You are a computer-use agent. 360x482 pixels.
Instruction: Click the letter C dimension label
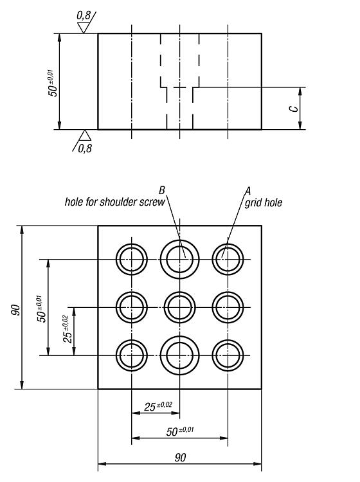point(294,109)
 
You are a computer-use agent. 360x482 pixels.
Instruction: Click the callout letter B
point(162,191)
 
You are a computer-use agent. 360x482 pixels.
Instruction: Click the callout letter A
point(248,191)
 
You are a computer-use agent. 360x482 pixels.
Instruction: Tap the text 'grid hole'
point(264,202)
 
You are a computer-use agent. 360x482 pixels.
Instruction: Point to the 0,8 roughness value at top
point(84,15)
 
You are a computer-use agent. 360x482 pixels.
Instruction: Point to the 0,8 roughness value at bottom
point(85,149)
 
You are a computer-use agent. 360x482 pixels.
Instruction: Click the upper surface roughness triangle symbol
point(83,28)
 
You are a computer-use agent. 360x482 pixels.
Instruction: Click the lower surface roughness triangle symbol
point(84,135)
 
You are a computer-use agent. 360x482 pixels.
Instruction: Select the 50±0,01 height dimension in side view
point(53,83)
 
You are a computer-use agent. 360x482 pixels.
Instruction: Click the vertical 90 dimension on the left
point(15,310)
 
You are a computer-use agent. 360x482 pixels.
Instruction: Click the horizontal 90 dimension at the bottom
point(180,458)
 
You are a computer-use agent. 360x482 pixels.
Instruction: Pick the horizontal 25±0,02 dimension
point(158,406)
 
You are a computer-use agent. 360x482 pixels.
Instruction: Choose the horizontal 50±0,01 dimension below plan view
point(180,431)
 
